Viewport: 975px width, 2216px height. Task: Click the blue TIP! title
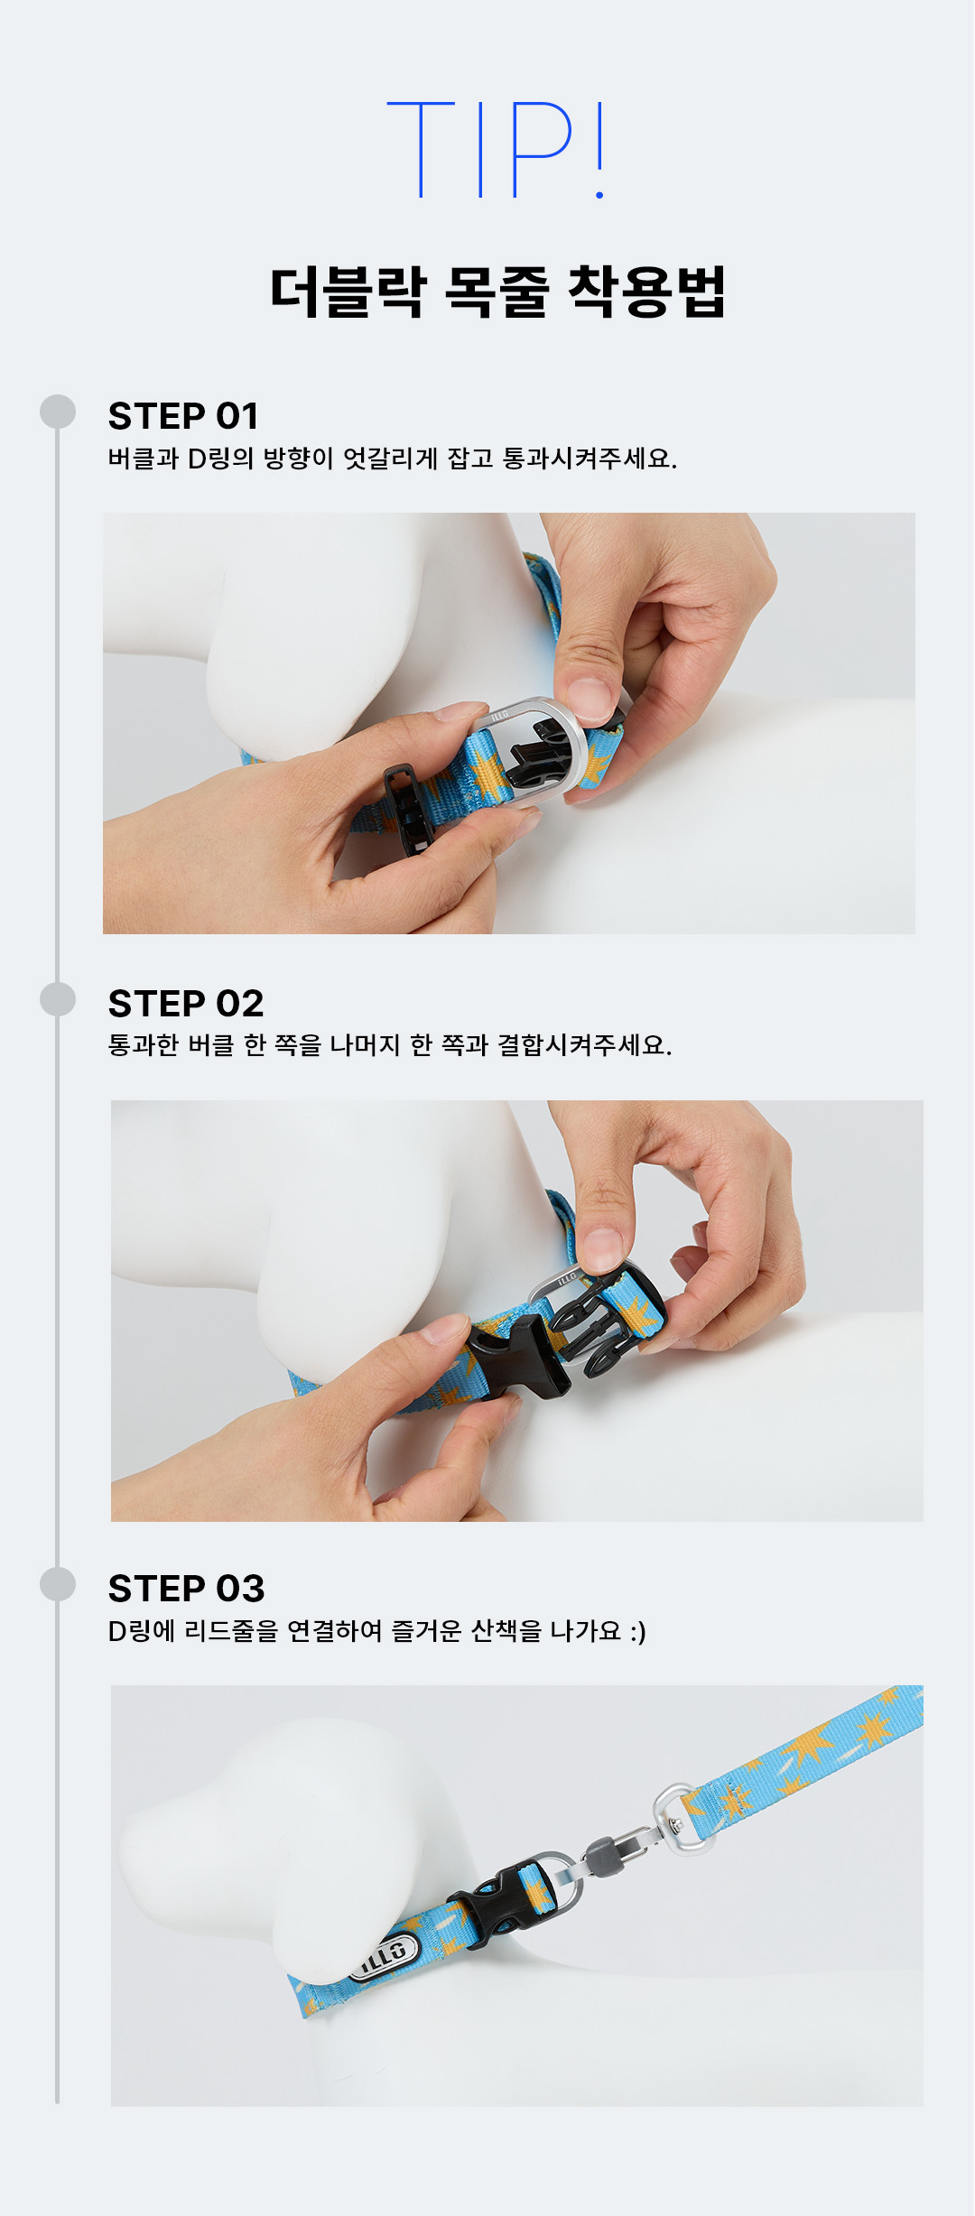coord(496,150)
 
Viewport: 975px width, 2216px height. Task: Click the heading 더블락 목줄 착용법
coord(497,292)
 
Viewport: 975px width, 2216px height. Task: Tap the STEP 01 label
coord(183,416)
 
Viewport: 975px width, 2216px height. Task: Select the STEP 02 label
coord(186,1004)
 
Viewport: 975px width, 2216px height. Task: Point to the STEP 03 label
coord(187,1589)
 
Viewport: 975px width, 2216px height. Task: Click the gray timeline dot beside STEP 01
coord(58,412)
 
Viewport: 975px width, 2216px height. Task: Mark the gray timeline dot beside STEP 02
coord(58,999)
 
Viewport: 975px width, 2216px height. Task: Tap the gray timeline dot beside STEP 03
coord(58,1584)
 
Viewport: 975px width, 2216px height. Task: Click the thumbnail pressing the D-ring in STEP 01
coord(589,700)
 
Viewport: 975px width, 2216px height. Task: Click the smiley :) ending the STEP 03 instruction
coord(638,1631)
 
